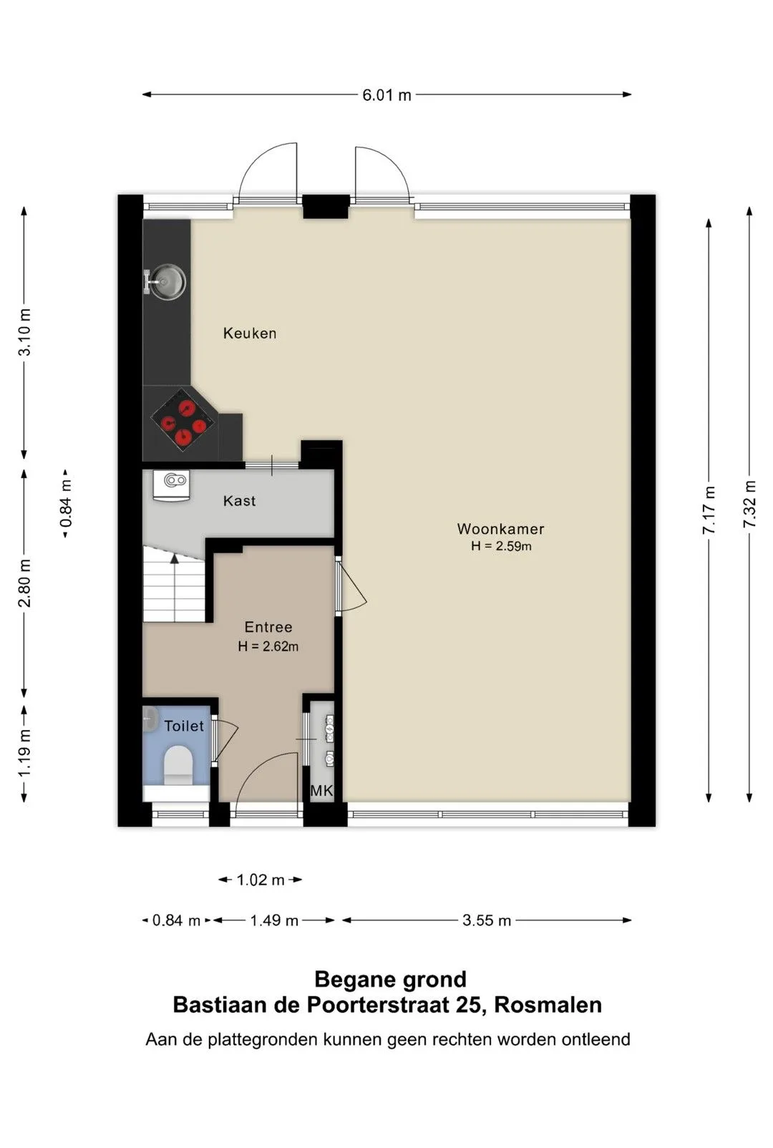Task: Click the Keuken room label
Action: [x=250, y=334]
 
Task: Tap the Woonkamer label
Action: [x=500, y=528]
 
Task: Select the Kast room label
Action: [x=239, y=501]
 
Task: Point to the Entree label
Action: [x=268, y=627]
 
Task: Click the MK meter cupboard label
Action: [x=321, y=791]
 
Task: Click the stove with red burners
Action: [x=183, y=419]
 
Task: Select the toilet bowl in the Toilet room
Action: [x=178, y=764]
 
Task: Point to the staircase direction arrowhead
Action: [x=175, y=558]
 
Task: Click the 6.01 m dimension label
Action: [x=386, y=95]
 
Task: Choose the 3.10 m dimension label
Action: [x=24, y=332]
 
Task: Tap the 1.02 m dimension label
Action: [x=260, y=880]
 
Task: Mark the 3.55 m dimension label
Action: [x=487, y=920]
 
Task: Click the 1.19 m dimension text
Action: [x=24, y=752]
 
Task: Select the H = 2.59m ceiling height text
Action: [x=501, y=546]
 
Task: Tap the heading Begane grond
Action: [x=391, y=979]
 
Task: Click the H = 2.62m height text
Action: [x=268, y=646]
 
